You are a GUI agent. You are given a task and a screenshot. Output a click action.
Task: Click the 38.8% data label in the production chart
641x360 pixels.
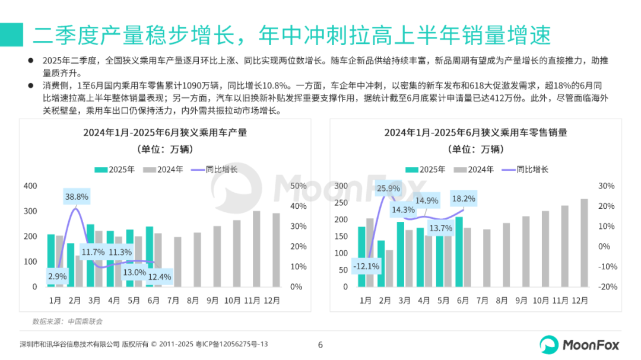point(77,197)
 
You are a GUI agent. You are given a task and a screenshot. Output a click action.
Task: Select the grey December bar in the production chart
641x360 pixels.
point(276,250)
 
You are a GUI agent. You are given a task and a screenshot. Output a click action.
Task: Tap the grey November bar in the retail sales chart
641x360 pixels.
point(564,246)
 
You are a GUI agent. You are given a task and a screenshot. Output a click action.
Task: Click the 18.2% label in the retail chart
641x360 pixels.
point(463,199)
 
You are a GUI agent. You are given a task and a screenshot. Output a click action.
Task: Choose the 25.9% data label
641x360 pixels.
point(388,189)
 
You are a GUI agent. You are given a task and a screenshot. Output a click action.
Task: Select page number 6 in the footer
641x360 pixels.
point(320,345)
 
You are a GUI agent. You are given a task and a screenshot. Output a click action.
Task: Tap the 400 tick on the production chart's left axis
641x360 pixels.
point(30,186)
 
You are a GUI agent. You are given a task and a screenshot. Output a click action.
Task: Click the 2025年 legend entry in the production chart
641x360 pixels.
point(115,170)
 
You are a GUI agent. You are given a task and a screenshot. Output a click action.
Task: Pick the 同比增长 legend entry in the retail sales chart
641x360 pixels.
point(525,170)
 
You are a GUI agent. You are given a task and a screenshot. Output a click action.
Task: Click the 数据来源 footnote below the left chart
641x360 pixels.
point(67,321)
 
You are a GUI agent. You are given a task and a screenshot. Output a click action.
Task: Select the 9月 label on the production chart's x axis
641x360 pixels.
point(213,301)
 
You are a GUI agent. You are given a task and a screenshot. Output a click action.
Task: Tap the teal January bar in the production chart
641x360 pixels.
point(51,260)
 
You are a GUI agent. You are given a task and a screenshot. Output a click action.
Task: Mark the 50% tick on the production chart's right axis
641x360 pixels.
point(298,186)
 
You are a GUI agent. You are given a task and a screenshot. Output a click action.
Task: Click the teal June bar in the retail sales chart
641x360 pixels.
point(459,252)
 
